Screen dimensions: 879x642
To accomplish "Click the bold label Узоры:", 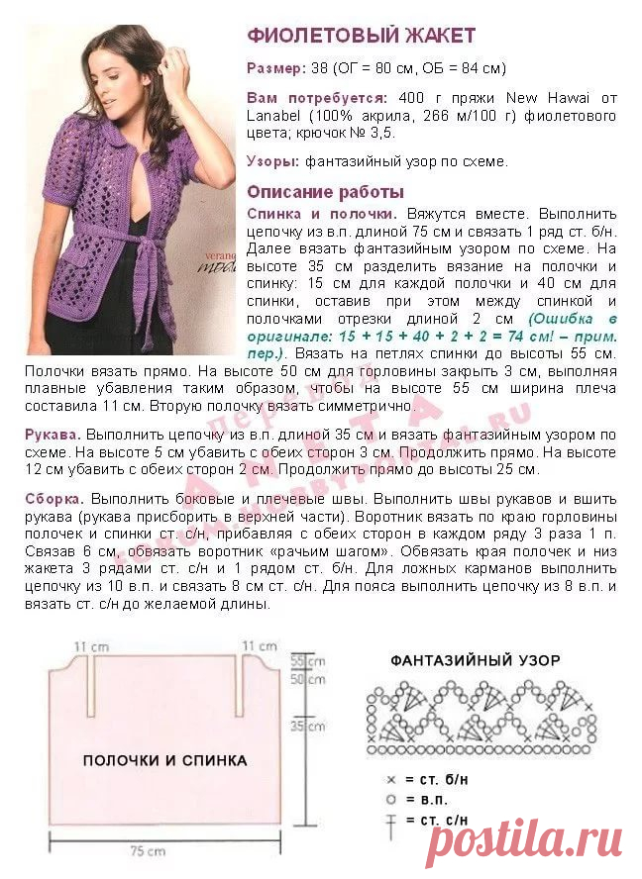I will [272, 161].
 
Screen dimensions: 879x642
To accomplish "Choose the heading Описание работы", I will [325, 192].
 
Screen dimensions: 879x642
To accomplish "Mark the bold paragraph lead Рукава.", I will [53, 435].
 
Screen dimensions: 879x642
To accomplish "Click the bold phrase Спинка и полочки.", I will [322, 213].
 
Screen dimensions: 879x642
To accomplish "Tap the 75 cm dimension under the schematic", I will [151, 850].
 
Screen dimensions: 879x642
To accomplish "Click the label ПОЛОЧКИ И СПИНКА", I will [164, 761].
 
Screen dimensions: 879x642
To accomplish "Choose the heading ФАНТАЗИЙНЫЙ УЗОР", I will [475, 660].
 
